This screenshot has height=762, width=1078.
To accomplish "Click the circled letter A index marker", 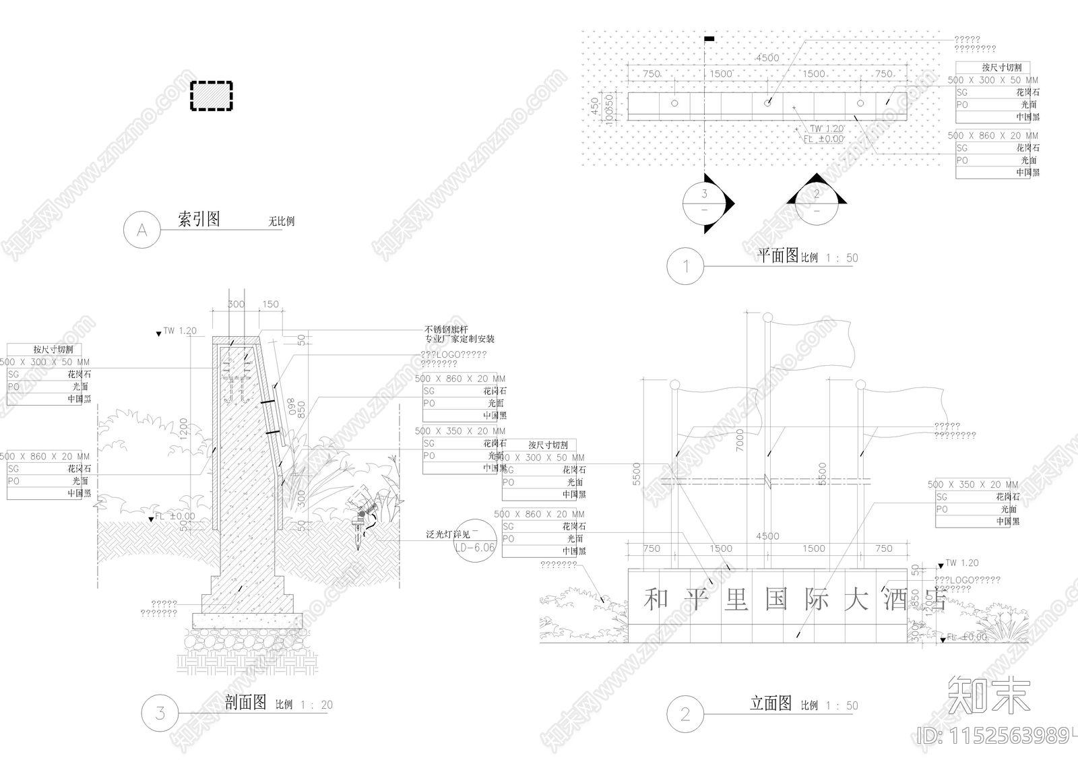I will [142, 230].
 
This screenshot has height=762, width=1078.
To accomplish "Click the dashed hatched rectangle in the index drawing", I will [211, 96].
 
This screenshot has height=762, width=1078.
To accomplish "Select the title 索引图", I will [199, 219].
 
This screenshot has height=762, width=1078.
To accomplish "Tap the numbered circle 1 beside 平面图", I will [685, 265].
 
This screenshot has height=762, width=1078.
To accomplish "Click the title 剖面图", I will [246, 703].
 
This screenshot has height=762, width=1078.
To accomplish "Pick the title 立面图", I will [771, 703].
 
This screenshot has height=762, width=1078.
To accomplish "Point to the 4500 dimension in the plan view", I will [767, 58].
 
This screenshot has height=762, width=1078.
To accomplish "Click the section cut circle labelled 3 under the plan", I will [705, 202].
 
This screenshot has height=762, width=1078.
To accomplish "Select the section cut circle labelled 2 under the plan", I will [817, 202].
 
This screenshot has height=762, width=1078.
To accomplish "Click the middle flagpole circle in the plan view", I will [767, 103].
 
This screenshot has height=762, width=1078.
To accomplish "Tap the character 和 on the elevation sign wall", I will [654, 599].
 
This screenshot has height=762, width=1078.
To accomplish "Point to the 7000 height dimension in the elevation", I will [740, 440].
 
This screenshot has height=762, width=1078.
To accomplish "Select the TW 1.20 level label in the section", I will [179, 331].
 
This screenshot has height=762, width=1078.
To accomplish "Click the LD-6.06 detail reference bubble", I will [474, 547].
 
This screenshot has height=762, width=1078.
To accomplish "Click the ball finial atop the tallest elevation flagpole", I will [767, 317].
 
